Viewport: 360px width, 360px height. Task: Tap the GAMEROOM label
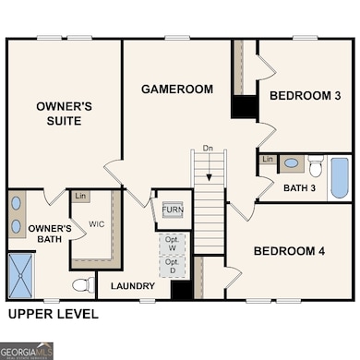177,90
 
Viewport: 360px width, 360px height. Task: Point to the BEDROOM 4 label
290,251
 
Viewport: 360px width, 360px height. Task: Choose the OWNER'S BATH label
50,234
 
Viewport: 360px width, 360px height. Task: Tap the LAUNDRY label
133,286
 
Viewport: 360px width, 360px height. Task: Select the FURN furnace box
173,210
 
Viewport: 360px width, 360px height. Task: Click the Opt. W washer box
173,245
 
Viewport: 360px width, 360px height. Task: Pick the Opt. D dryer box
173,267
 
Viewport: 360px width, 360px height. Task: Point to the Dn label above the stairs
209,148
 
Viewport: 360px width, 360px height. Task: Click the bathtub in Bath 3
339,177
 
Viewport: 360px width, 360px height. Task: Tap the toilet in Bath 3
315,167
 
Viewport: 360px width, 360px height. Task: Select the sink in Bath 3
292,163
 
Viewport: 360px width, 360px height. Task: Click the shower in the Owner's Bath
21,275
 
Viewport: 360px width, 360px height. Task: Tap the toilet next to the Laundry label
82,284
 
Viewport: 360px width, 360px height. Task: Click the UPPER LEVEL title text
53,315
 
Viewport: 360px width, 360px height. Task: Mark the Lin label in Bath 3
268,160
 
